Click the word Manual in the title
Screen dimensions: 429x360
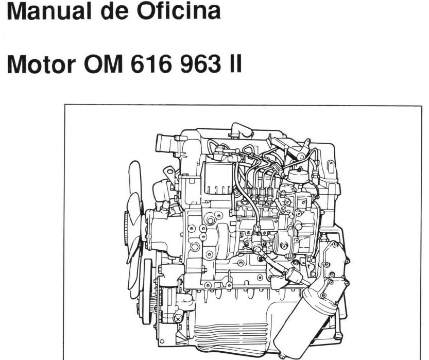49,11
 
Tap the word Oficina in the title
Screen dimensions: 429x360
178,11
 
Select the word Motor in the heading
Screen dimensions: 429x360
41,64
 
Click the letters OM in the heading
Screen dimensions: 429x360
104,64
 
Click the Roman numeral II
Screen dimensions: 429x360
235,64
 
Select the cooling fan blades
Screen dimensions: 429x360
134,230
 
